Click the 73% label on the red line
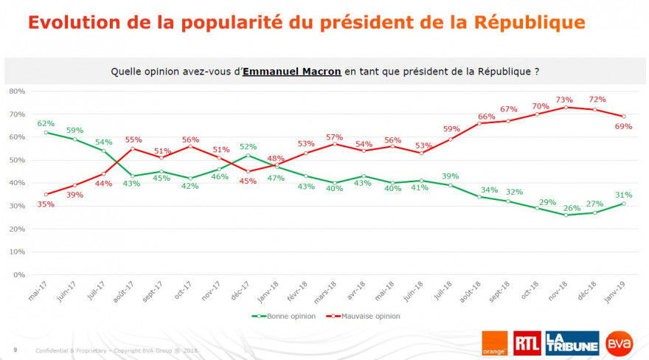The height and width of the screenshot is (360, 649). (564, 99)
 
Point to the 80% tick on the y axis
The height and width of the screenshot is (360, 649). (17, 91)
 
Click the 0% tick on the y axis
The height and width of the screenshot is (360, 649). (19, 275)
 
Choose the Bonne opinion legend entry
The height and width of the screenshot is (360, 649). (285, 316)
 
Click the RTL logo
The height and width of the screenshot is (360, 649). (526, 342)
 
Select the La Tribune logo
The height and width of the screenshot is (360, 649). (572, 342)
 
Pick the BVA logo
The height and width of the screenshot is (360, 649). (619, 342)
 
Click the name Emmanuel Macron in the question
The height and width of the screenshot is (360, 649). (292, 72)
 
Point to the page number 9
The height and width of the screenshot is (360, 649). (15, 349)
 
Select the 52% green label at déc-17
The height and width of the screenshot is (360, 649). (248, 147)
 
